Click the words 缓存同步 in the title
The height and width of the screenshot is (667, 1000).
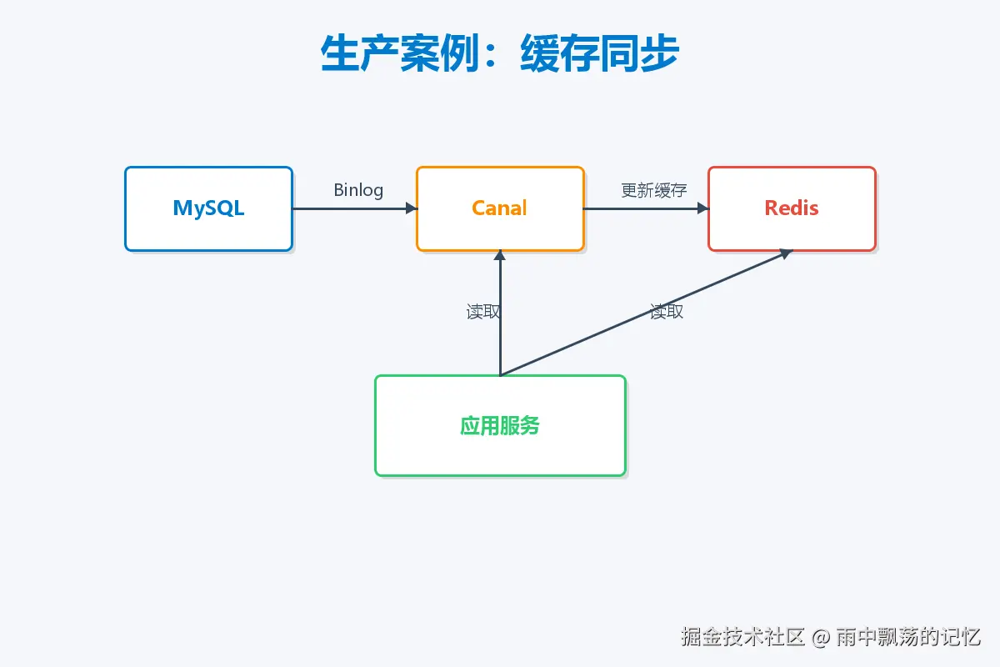coord(600,55)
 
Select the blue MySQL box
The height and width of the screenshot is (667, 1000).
coord(208,208)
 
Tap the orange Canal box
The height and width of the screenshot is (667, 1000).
coord(500,208)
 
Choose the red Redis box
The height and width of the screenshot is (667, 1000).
coord(792,208)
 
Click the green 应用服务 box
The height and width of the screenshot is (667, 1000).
coord(500,425)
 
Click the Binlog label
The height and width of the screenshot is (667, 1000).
coord(358,190)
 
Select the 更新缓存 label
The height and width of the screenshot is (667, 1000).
coord(654,190)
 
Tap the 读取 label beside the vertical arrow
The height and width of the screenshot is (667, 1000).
coord(483,312)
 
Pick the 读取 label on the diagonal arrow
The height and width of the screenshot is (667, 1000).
coord(667,312)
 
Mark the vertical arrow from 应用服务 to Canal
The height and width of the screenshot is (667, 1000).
coord(500,333)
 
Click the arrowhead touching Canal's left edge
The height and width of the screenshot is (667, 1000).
coord(411,208)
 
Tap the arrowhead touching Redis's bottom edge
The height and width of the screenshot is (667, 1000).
coord(785,253)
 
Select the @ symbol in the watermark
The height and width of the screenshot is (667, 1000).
coord(822,638)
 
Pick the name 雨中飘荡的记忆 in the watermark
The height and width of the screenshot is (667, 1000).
coord(908,637)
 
